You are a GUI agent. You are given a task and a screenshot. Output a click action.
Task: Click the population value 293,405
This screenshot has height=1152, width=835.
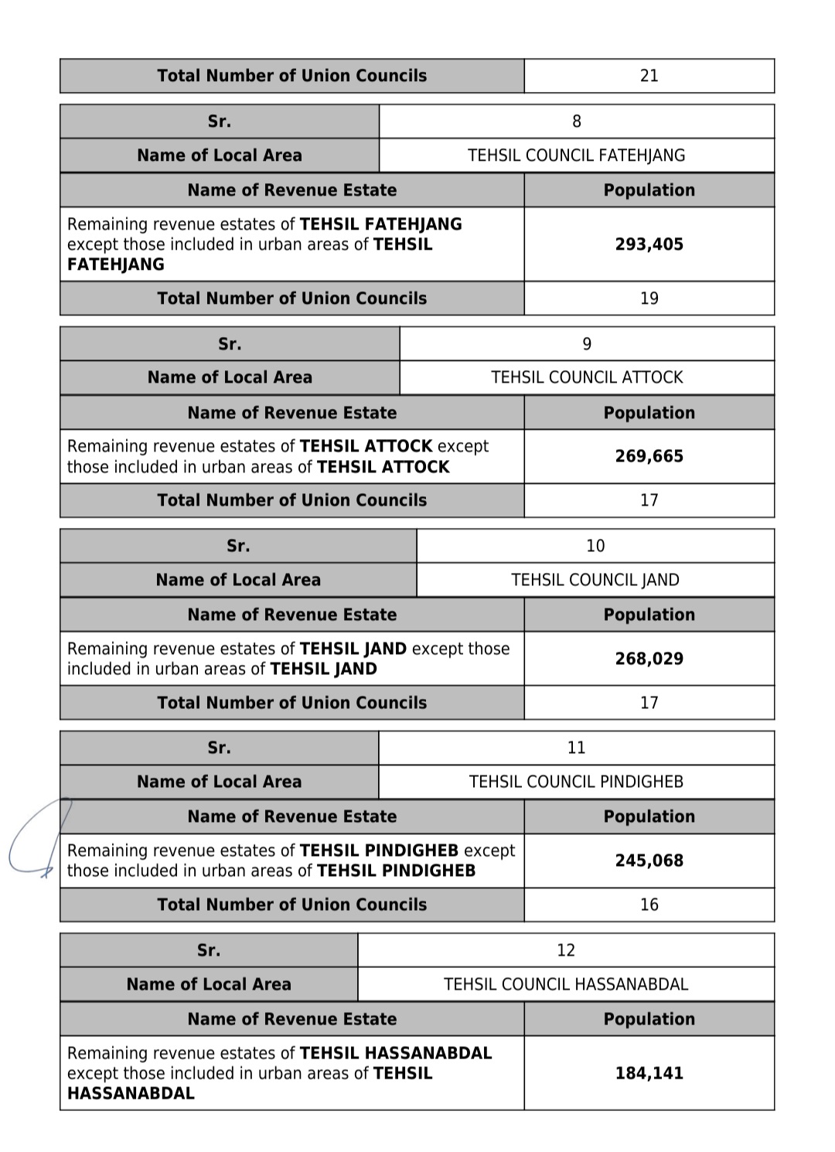649,244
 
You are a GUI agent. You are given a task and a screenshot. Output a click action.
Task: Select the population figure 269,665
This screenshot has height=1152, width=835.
649,456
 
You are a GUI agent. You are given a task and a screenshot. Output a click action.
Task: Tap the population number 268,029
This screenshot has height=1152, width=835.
649,659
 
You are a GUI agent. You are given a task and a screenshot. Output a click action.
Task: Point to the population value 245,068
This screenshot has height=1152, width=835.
649,861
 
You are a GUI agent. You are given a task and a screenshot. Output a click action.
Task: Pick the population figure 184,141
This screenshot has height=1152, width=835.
649,1073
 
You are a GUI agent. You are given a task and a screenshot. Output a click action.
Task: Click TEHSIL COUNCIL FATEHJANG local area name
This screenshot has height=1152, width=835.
576,155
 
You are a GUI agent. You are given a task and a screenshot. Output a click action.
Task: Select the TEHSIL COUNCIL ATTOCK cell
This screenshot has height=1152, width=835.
587,377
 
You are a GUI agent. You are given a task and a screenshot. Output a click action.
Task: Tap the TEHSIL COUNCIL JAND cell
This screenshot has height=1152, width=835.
595,580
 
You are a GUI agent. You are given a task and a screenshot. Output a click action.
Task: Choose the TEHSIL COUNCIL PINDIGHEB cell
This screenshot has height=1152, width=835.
576,782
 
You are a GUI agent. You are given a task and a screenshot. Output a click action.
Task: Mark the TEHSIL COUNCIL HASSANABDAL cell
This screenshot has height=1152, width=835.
565,984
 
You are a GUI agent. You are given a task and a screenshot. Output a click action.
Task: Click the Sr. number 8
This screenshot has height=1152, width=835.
576,121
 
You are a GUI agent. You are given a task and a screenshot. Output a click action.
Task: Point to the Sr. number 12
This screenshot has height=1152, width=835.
565,950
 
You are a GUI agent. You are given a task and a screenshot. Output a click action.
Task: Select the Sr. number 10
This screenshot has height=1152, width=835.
595,546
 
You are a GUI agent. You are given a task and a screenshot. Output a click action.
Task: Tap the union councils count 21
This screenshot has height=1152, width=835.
649,76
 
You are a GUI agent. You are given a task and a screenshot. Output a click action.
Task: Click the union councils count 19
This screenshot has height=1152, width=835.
649,298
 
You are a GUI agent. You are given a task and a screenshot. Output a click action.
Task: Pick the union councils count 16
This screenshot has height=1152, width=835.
649,905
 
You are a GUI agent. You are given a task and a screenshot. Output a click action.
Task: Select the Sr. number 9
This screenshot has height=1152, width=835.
587,344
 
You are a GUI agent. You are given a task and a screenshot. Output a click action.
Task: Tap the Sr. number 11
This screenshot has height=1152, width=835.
576,748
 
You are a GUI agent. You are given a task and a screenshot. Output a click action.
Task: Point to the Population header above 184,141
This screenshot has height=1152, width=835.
649,1019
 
